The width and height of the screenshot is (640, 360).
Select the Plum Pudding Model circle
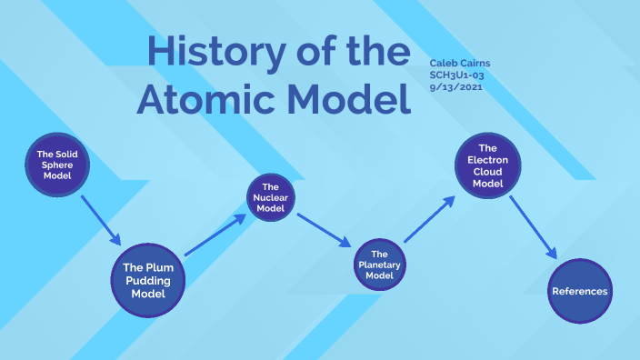point(147,280)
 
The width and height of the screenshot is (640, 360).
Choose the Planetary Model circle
point(380,265)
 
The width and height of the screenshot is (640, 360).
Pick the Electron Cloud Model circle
point(488,165)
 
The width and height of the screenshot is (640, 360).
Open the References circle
point(580,291)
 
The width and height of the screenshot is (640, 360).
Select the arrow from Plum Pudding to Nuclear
point(216,235)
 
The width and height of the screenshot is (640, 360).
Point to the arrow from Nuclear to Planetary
point(324,230)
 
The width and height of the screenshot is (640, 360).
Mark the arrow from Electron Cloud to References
point(533,227)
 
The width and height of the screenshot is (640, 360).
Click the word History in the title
point(210,54)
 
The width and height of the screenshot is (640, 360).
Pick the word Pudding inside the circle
point(147,280)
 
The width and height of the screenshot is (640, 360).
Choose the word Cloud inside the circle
point(488,171)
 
